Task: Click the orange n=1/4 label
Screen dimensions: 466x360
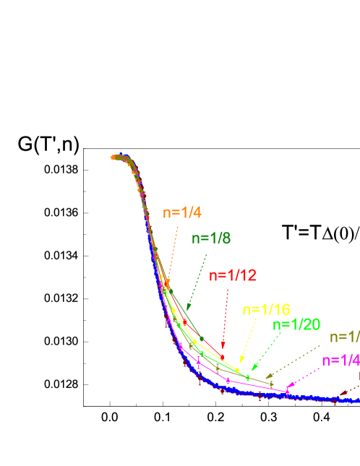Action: click(182, 212)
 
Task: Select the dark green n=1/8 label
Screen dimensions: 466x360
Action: click(212, 239)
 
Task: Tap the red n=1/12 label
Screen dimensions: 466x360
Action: click(233, 275)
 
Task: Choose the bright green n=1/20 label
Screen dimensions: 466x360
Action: click(296, 324)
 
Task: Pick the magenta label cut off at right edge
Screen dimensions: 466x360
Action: click(340, 361)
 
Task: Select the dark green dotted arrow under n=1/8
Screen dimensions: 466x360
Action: click(197, 282)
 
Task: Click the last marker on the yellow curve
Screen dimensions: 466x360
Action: click(237, 369)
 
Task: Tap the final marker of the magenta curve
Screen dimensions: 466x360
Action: click(288, 392)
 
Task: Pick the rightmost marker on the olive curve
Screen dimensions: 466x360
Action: click(271, 383)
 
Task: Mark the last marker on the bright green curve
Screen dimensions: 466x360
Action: click(248, 377)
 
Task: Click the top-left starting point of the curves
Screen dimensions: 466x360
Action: click(113, 157)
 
